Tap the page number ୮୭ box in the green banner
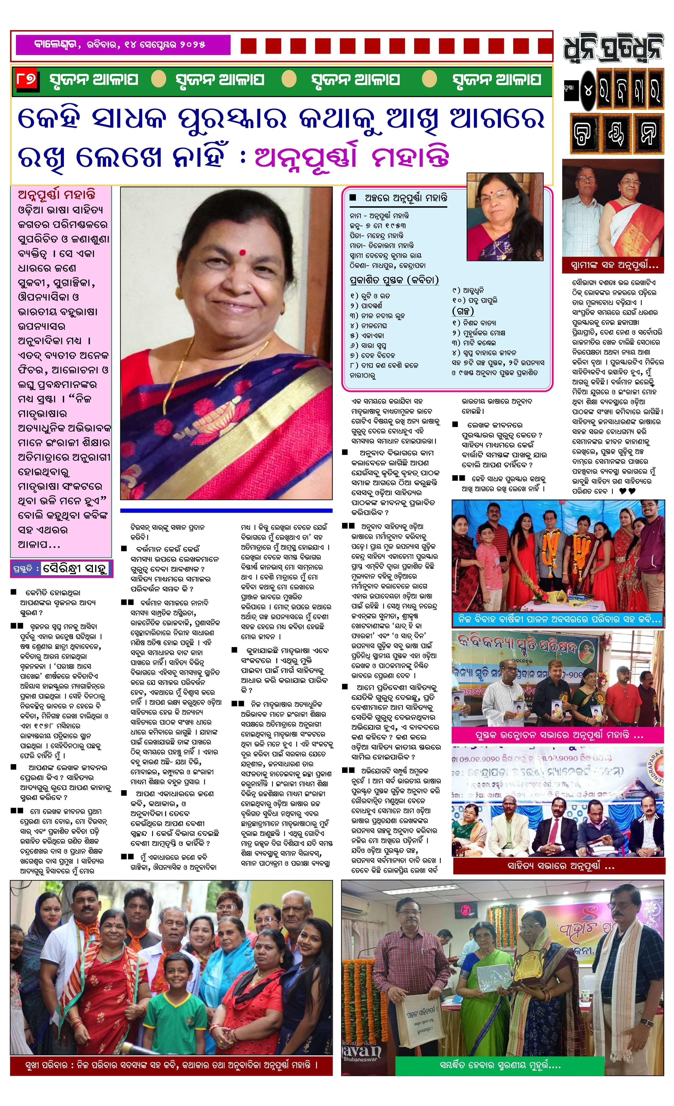[26, 80]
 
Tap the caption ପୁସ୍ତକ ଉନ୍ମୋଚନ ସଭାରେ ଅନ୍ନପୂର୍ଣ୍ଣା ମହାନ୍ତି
[557, 735]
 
